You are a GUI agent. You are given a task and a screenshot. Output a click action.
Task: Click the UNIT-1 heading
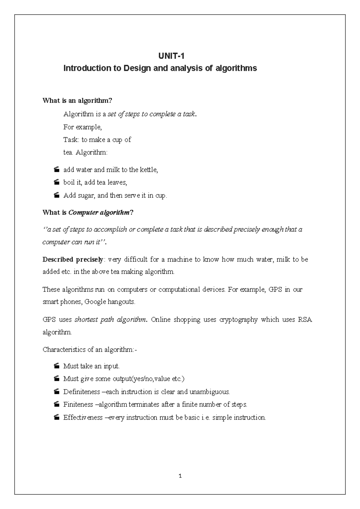(x=171, y=56)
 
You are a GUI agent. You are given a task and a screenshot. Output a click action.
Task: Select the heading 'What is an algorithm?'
(x=77, y=101)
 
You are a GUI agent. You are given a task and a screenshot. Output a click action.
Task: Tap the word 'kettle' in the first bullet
(x=148, y=170)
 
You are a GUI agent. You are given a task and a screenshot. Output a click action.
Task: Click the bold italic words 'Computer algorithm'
(x=99, y=213)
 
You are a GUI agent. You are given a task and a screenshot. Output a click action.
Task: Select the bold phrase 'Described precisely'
(x=73, y=260)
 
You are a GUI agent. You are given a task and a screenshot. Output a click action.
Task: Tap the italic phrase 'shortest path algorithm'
(x=110, y=320)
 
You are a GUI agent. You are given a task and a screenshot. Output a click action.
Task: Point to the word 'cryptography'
(x=238, y=320)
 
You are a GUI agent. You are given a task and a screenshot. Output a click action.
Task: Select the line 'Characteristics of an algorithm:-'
(x=90, y=350)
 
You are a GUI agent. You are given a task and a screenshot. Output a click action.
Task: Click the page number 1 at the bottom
(x=180, y=476)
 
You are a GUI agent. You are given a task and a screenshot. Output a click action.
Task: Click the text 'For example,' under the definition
(x=82, y=127)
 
